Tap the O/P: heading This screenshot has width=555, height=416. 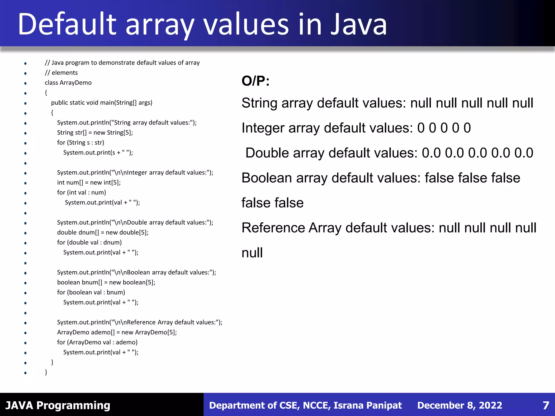[256, 81]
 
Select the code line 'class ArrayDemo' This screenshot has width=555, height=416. [68, 83]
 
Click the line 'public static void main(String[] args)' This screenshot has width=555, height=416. [102, 103]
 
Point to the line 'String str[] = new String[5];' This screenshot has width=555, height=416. [95, 132]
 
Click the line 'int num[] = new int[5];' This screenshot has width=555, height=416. [89, 183]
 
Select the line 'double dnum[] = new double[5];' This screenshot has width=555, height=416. [103, 232]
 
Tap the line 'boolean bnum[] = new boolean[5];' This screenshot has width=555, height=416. [106, 282]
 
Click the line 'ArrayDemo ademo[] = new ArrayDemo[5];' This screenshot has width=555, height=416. [117, 332]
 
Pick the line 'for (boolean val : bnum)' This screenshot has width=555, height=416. [91, 292]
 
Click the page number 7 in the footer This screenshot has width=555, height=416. [546, 405]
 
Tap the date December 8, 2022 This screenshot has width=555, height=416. [460, 405]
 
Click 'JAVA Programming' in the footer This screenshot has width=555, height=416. [58, 405]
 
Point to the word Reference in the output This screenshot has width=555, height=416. [273, 228]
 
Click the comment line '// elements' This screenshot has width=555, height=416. [61, 73]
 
